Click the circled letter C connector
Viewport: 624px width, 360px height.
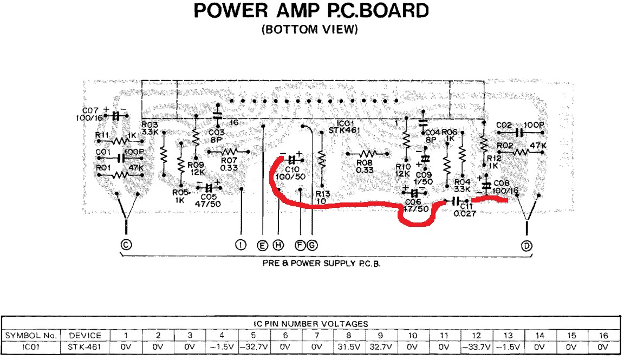[126, 245]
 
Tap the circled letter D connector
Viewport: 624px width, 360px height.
[526, 245]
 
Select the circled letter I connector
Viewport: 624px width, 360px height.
[240, 245]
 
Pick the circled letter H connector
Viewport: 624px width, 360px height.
[278, 245]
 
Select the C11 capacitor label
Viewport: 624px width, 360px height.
[467, 206]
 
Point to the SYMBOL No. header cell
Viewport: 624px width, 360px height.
[31, 335]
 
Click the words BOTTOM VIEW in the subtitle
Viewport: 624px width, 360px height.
[310, 30]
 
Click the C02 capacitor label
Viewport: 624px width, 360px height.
[504, 125]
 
